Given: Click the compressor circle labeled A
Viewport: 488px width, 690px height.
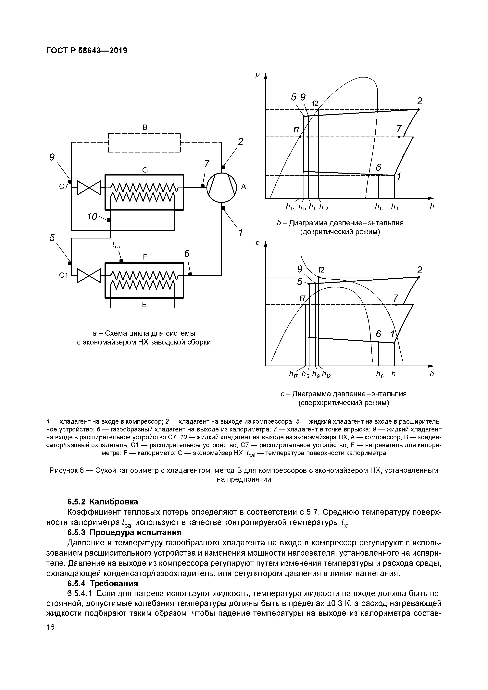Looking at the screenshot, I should pos(221,187).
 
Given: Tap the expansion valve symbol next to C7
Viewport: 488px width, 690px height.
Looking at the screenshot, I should pos(89,188).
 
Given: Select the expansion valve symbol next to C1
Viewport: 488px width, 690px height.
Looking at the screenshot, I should pos(89,275).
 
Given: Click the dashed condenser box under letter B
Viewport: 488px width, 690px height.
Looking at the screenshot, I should pos(144,143).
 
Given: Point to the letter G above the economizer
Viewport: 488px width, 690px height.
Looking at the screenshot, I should pos(145,170).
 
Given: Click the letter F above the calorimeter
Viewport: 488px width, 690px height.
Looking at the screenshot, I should pos(145,257).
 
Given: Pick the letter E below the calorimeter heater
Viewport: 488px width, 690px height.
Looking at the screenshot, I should pos(144,305).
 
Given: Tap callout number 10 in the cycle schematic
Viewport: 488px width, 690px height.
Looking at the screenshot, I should pos(92,216).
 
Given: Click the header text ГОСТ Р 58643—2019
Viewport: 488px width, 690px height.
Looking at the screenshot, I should pos(87,51).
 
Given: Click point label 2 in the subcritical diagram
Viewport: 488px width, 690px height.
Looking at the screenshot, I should pos(419,101).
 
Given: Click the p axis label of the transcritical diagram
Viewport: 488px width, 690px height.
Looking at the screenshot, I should pos(257,243).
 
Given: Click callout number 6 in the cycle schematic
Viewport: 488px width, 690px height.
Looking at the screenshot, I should pos(187,254).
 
